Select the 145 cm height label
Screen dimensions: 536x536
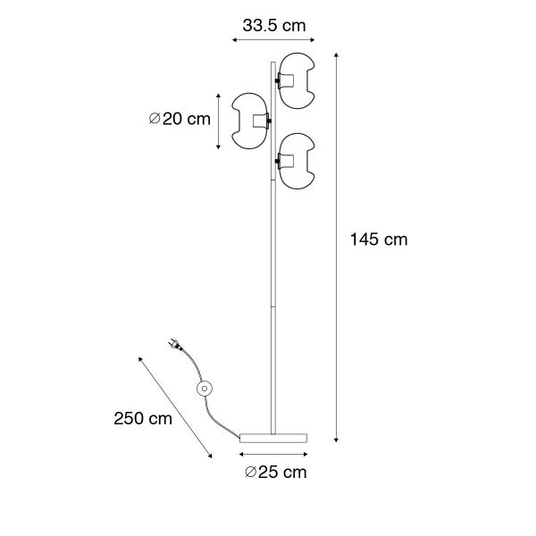click(x=379, y=239)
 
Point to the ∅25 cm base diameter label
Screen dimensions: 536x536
click(x=274, y=472)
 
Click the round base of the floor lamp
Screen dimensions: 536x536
click(x=273, y=435)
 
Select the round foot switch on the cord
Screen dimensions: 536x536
click(x=205, y=388)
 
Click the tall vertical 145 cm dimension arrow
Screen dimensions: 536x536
click(x=337, y=247)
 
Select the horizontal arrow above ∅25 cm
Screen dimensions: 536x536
click(x=273, y=454)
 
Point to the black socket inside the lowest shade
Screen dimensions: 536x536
click(x=280, y=160)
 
